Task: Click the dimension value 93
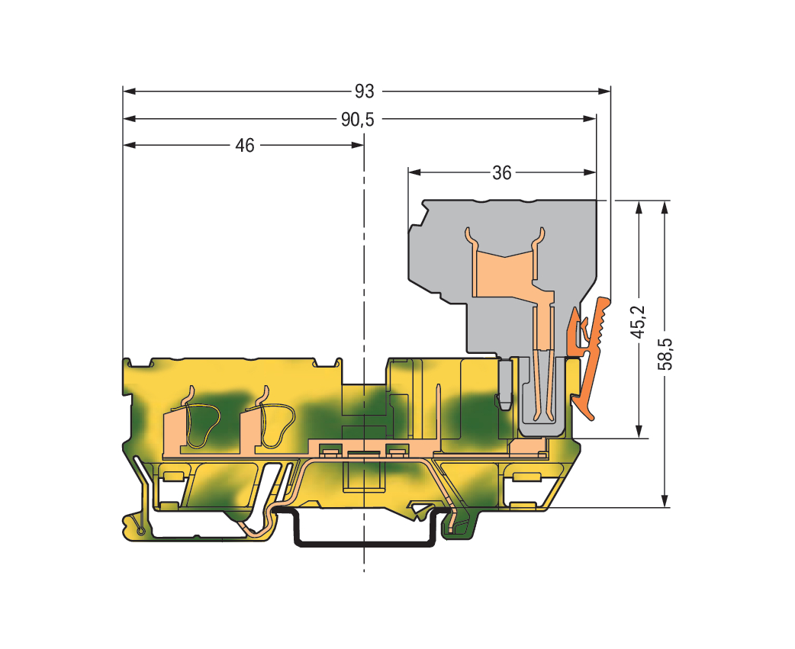click(x=364, y=92)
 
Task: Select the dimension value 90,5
click(x=358, y=120)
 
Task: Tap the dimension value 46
click(x=244, y=146)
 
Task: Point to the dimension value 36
click(x=501, y=173)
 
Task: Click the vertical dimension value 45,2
click(x=639, y=322)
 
